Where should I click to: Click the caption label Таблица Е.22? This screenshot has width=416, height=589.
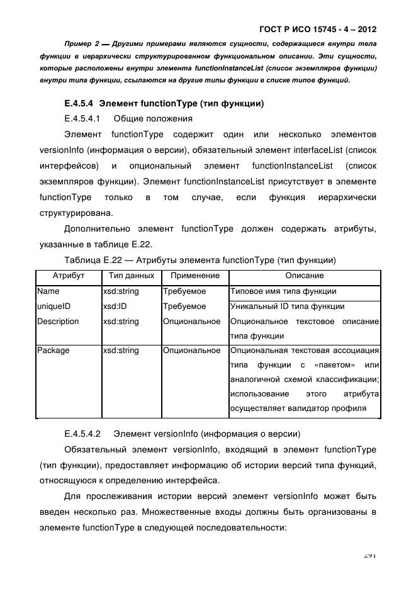91,260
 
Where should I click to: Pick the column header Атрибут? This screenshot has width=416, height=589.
68,276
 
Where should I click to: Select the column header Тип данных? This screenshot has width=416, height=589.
131,276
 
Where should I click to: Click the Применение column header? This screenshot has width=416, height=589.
194,276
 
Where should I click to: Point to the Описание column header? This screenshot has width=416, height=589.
305,276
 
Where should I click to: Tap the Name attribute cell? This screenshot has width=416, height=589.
48,291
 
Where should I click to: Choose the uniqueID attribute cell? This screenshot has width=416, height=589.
53,306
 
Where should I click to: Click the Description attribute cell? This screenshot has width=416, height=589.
58,322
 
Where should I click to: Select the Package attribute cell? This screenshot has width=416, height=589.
53,351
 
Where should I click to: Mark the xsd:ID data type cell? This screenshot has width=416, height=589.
115,306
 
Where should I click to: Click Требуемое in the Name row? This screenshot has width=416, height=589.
184,291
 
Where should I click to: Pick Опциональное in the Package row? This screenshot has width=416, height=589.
191,351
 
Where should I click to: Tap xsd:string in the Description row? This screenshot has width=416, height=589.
121,322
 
